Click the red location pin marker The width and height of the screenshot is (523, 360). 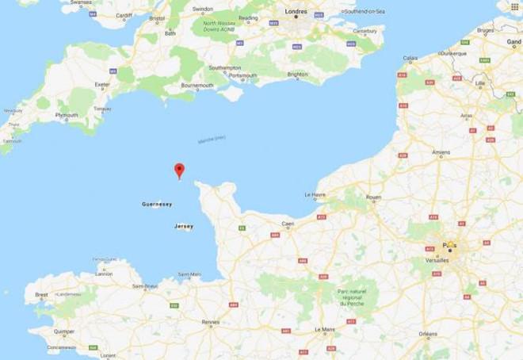click(x=179, y=170)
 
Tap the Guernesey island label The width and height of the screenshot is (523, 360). click(x=157, y=204)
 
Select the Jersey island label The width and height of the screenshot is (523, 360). click(x=183, y=227)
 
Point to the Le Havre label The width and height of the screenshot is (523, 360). click(x=315, y=194)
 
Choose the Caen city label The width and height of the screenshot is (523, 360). click(x=288, y=224)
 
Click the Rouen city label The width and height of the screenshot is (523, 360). click(x=373, y=197)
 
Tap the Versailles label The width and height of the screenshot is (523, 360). click(x=437, y=259)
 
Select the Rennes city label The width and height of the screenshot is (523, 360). click(x=211, y=322)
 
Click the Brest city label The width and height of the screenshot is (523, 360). click(x=41, y=294)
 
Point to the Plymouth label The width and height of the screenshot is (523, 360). click(x=67, y=115)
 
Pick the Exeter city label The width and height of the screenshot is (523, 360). click(x=101, y=84)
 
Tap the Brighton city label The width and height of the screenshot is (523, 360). click(x=297, y=75)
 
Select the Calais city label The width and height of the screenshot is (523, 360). click(x=410, y=58)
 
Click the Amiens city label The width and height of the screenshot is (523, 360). click(x=441, y=151)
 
